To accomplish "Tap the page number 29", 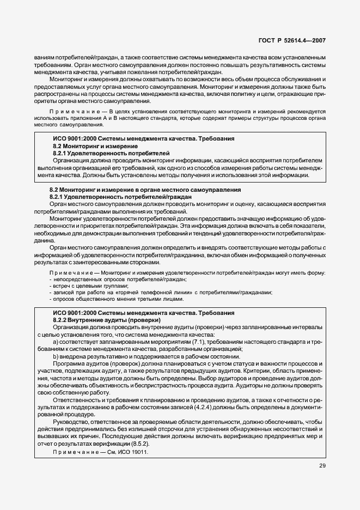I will (322, 466).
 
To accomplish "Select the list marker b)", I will (56, 356).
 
